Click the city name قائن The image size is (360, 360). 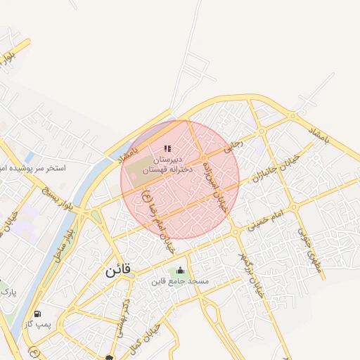pos(119,269)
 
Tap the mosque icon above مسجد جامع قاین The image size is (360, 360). pos(181,271)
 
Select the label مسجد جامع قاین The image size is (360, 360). pos(179,281)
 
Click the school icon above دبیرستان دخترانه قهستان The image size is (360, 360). pos(167,148)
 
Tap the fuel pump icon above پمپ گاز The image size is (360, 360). pos(37,314)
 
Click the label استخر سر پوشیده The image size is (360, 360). pos(34,169)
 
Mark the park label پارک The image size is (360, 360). pos(8,290)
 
